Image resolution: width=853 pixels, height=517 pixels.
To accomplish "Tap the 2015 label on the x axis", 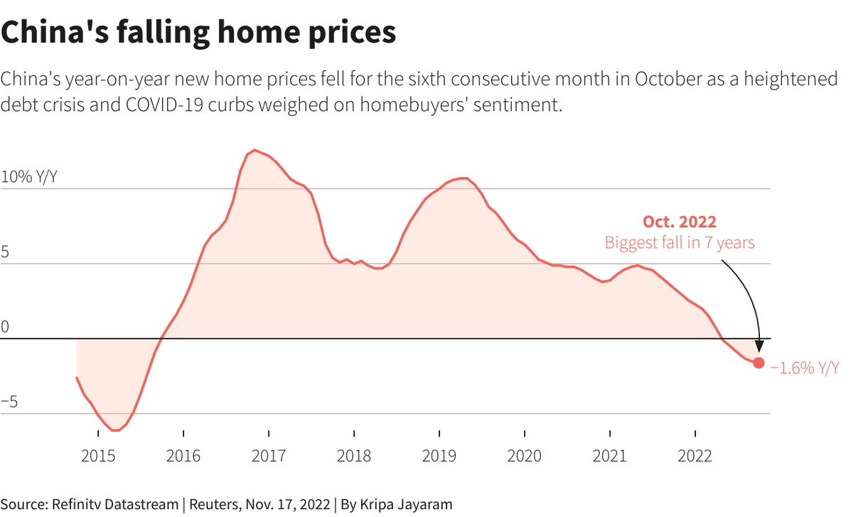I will (98, 456).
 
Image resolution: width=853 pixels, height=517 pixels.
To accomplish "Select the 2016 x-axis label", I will (183, 456).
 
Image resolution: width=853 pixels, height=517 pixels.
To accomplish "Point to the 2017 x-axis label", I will (269, 456).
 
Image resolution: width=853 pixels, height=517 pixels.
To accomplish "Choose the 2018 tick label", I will (354, 456).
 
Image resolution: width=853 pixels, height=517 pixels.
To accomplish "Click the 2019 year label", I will (439, 456).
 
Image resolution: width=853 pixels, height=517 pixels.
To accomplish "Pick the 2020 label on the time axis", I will (525, 456).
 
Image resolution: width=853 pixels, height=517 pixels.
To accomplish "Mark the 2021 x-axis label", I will (610, 456).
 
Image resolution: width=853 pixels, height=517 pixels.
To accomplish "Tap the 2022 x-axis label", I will (695, 456).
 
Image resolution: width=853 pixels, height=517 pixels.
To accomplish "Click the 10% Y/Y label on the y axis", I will (28, 177).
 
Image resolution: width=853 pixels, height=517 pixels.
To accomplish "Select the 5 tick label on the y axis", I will (5, 252).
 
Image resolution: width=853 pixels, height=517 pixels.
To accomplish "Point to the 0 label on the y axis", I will (5, 327).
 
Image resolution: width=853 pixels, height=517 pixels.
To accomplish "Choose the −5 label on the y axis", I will (9, 403).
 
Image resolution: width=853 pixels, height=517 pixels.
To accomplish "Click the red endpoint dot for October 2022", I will (758, 363).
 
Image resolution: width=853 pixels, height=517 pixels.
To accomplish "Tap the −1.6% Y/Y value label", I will (805, 368).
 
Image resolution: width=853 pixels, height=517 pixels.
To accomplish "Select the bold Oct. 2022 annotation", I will (680, 222).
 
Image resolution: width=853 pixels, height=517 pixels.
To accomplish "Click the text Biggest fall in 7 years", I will (680, 242).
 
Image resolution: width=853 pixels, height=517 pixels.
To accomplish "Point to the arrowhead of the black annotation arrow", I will (758, 346).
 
